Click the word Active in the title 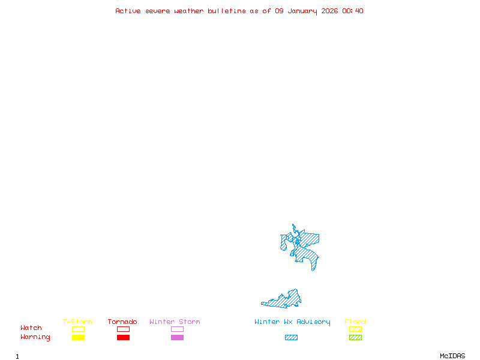128,11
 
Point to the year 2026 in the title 329,11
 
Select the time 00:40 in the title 353,11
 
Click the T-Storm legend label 77,322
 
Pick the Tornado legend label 122,322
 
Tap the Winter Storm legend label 175,322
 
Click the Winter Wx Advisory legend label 292,322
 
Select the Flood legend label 355,322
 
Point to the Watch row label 31,328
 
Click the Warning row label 35,337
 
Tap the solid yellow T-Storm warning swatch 78,337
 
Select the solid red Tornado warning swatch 123,337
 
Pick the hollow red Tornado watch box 123,329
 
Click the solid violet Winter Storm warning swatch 177,337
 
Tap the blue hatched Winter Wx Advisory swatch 291,337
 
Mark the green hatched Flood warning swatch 355,337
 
